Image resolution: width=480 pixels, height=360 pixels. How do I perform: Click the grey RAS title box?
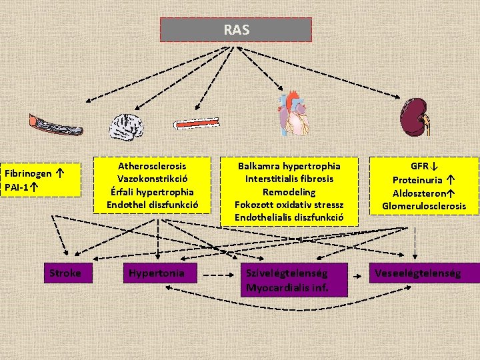point(236,29)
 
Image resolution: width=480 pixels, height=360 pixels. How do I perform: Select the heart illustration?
point(293,114)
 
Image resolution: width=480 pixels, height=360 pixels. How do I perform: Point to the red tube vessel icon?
point(200,123)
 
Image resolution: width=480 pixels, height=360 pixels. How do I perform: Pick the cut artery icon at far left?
point(55,124)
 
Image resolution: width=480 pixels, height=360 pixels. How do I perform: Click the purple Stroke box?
point(65,273)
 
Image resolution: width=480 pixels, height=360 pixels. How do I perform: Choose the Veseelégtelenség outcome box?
point(418,273)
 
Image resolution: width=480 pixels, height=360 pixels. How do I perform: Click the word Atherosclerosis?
point(152,165)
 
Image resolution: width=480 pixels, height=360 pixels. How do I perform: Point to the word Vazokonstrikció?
point(152,178)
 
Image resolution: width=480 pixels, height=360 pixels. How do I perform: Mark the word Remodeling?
point(289,191)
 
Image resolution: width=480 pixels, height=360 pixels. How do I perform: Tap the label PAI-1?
point(17,187)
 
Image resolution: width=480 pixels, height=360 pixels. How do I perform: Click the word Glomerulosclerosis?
point(424,206)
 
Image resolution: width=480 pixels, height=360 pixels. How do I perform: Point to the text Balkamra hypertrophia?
point(289,165)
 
